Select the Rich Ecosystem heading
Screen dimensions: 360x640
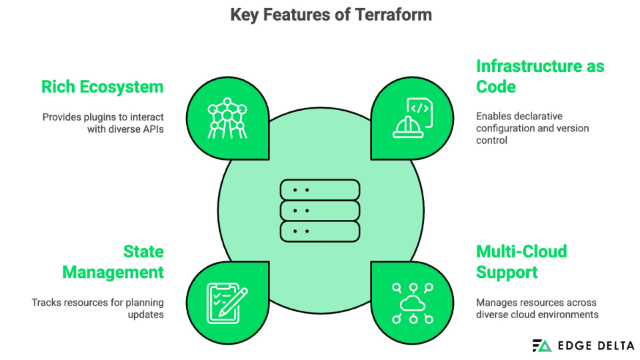pos(102,87)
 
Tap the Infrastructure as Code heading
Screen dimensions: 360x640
pos(539,76)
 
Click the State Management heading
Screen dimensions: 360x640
pos(113,261)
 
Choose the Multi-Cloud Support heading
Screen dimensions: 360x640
pos(521,261)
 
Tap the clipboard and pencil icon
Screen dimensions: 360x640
pos(227,301)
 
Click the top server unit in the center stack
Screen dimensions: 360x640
pos(320,190)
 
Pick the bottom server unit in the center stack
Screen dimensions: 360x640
pos(320,231)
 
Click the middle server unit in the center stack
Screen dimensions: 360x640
pos(320,211)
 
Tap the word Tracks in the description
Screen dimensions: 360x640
pos(47,302)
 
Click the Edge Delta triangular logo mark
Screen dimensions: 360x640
pos(542,345)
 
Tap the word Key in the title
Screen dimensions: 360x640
pos(244,15)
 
